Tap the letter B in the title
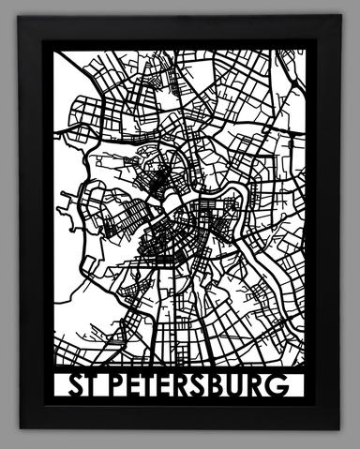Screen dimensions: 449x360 tap(228, 386)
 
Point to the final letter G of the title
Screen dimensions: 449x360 tap(291, 386)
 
